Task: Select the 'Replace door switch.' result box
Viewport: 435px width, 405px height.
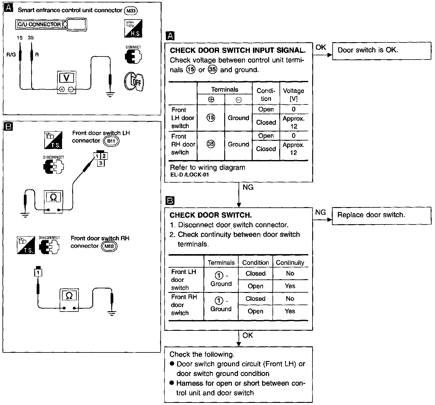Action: click(x=381, y=216)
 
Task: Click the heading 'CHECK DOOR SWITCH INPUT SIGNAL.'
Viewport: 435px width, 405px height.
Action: click(x=237, y=50)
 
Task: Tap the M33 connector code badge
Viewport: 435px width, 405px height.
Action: click(x=131, y=11)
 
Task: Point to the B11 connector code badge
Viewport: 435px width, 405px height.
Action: click(x=111, y=141)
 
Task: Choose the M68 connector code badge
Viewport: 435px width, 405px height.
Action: click(x=109, y=246)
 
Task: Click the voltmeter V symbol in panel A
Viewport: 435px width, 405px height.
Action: click(x=66, y=78)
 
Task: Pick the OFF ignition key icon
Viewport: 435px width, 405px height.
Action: click(x=134, y=82)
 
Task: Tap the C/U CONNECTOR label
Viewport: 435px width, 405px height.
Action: click(x=39, y=24)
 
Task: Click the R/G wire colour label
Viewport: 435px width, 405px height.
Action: click(x=11, y=55)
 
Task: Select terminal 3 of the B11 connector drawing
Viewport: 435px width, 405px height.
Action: click(x=101, y=163)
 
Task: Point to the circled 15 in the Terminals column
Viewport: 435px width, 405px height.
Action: click(x=211, y=118)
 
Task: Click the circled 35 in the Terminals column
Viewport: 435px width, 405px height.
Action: click(x=211, y=144)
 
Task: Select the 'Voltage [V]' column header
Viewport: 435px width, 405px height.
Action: click(x=294, y=95)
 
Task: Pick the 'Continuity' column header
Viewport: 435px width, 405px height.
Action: click(x=290, y=263)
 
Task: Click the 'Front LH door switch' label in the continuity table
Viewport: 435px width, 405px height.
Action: click(x=184, y=279)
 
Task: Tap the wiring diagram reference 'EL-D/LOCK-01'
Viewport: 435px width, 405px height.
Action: click(x=189, y=175)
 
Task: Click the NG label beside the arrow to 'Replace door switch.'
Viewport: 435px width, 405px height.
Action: click(x=320, y=212)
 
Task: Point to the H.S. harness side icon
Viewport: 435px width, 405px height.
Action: click(x=133, y=29)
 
